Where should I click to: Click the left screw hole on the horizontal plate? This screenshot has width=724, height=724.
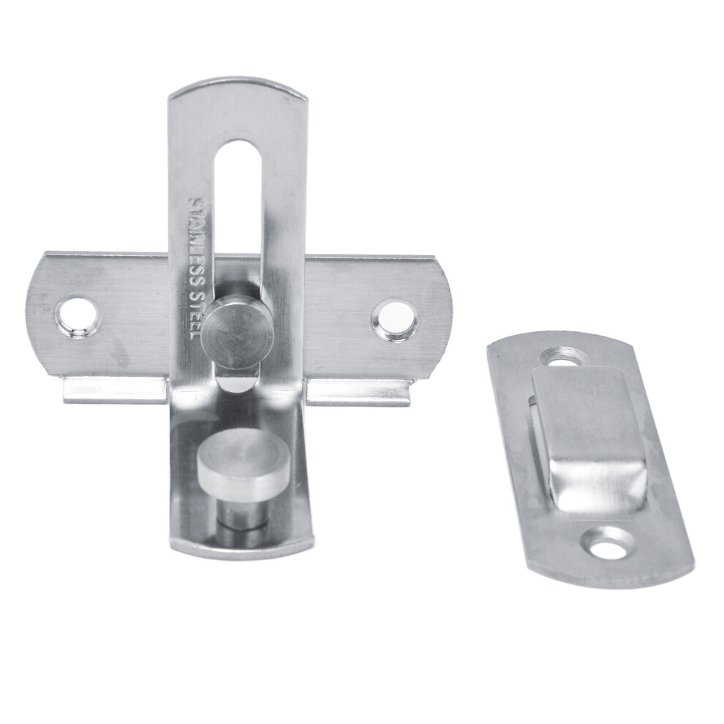coord(77,318)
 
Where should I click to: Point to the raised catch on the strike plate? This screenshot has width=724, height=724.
coord(588,438)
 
